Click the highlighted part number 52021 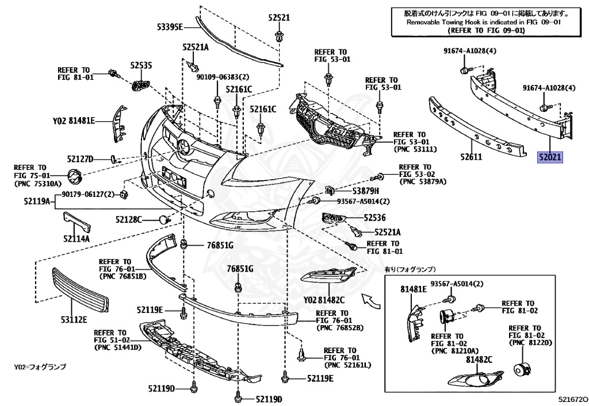[550, 156]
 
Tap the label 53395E [170, 26]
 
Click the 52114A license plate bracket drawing [76, 221]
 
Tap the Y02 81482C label [324, 300]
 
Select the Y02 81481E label [74, 121]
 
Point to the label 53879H [366, 191]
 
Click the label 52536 [374, 218]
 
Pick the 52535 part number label [141, 66]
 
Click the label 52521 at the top [278, 18]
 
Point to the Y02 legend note [40, 366]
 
